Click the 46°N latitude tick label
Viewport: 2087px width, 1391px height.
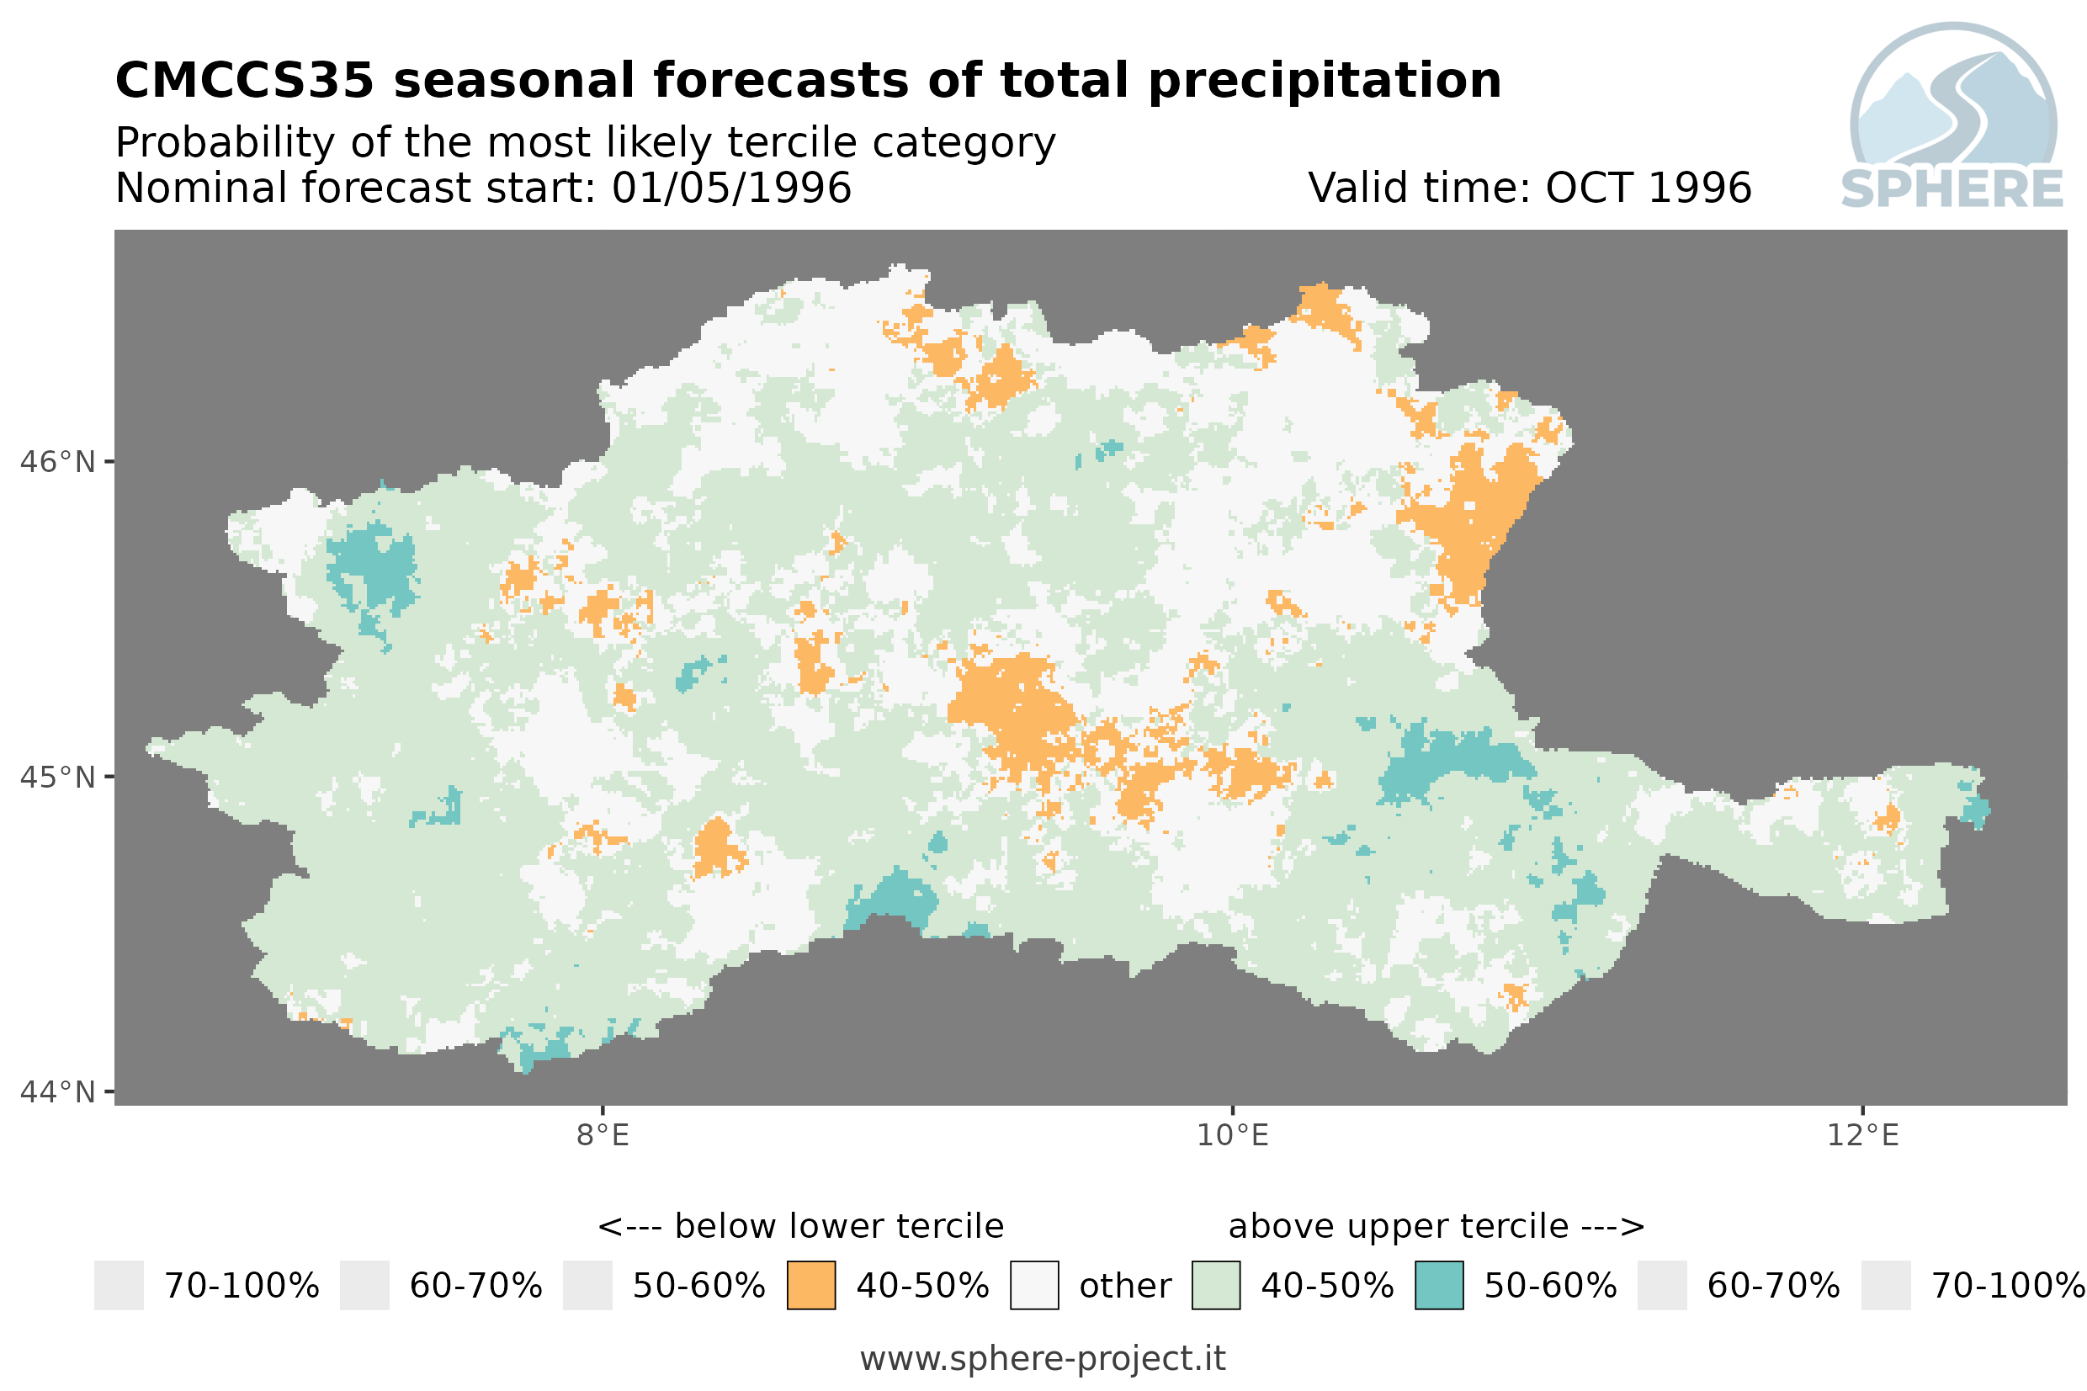[x=56, y=462]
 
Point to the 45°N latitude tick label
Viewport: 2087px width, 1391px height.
[x=56, y=777]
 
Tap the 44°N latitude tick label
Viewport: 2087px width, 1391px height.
[x=56, y=1092]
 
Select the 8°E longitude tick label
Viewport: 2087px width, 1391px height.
[x=603, y=1134]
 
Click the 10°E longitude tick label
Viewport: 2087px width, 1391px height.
[x=1233, y=1134]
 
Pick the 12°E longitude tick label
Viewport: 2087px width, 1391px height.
[x=1862, y=1134]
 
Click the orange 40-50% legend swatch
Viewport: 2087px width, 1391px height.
[x=811, y=1286]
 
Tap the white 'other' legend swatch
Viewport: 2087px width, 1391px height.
[x=1034, y=1286]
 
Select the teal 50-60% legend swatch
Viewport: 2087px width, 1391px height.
[x=1440, y=1286]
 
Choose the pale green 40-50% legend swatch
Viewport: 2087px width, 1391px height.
[x=1216, y=1286]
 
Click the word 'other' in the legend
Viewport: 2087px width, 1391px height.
[x=1124, y=1287]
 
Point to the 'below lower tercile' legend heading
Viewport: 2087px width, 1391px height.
[x=839, y=1226]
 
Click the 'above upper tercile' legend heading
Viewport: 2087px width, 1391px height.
[x=1399, y=1226]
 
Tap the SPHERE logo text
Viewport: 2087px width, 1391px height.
[x=1952, y=189]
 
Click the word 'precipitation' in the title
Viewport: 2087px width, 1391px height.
[x=1325, y=82]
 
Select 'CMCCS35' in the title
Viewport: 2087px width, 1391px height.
[x=245, y=81]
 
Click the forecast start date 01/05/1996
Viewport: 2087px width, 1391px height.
[x=732, y=188]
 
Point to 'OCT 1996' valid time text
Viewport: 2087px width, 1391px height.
[x=1648, y=188]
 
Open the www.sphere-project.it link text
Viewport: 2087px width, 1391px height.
[x=1043, y=1359]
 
